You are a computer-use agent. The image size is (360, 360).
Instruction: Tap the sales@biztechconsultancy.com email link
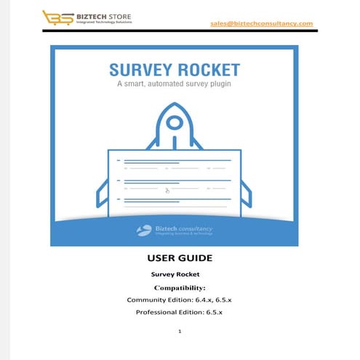(261, 23)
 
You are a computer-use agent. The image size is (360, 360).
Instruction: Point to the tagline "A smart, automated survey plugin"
(175, 85)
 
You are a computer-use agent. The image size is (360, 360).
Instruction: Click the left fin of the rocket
(103, 192)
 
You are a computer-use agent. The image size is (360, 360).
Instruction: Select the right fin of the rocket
(246, 192)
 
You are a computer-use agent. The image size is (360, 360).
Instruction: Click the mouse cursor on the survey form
(167, 191)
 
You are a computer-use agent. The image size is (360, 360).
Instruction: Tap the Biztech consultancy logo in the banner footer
(175, 231)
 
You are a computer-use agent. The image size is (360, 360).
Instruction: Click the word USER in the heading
(157, 258)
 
